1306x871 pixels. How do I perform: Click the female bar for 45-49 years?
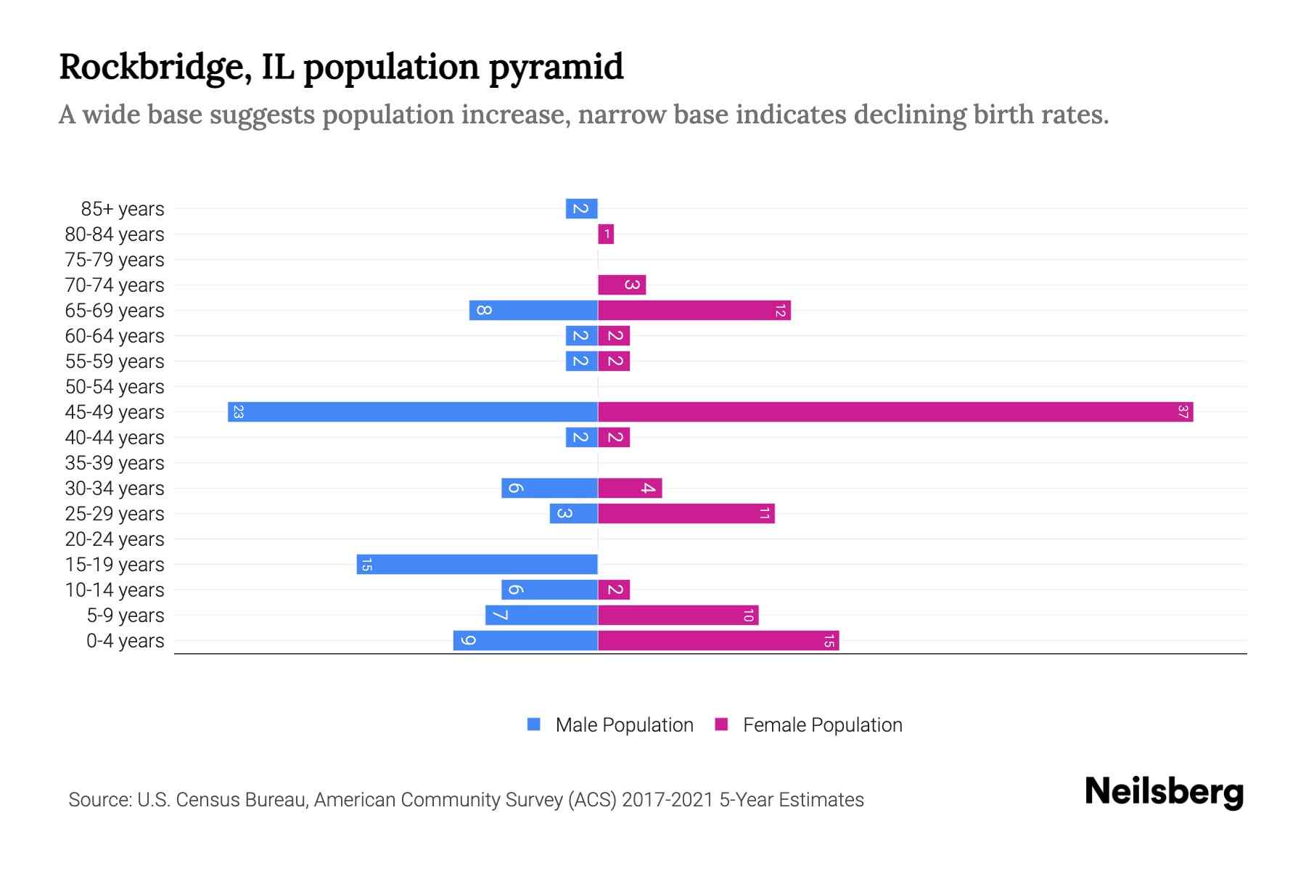point(895,412)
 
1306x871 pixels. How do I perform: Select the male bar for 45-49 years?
point(413,412)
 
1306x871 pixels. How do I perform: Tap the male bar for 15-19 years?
point(477,565)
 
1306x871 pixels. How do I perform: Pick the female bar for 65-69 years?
point(694,311)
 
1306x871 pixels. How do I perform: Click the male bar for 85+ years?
point(581,209)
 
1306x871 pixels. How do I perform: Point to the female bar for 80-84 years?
point(606,234)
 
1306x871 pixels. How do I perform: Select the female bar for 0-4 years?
point(718,641)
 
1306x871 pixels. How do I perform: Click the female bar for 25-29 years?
point(686,514)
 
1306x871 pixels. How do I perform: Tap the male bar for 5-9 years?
point(541,616)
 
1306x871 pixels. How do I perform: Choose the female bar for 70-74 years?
point(622,285)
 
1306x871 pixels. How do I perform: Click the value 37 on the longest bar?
point(1183,412)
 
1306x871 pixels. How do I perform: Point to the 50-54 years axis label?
point(115,387)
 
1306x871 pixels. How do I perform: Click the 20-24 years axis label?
point(115,539)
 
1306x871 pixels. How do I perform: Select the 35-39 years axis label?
point(115,463)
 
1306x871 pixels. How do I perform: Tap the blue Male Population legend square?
point(534,724)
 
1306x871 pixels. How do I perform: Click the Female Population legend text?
point(822,725)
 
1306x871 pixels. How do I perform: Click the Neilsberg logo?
point(1164,791)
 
